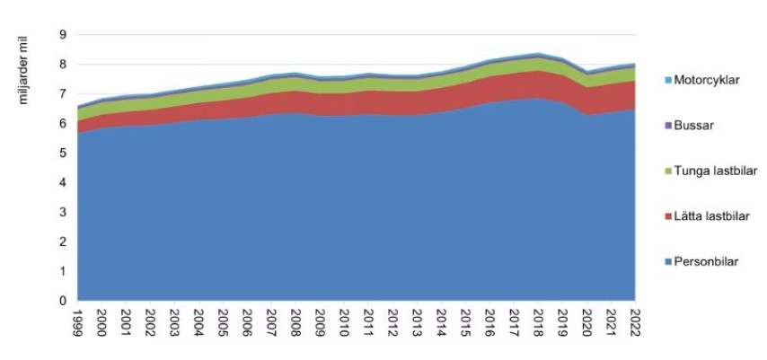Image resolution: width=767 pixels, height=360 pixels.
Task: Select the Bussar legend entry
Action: (695, 124)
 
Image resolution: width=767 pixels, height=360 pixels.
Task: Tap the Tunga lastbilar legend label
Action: (713, 169)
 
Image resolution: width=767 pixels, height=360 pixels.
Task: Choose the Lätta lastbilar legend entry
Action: (712, 215)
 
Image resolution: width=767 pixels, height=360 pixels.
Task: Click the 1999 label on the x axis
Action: (79, 320)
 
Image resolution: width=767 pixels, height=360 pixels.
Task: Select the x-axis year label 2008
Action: (295, 320)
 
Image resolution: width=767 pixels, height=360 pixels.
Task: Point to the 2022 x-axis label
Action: (634, 320)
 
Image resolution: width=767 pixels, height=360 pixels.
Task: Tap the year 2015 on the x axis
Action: (464, 320)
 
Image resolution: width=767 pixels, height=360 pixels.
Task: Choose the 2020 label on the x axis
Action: (586, 320)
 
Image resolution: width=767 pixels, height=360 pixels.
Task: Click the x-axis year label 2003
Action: (175, 320)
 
